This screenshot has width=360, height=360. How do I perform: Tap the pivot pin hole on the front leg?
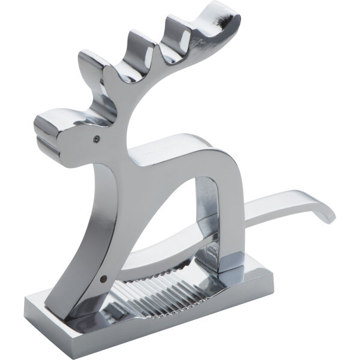pos(104,278)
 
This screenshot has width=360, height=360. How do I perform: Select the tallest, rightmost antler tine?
pos(216,21)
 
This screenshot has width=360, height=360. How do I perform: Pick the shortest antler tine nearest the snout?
pos(90,66)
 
